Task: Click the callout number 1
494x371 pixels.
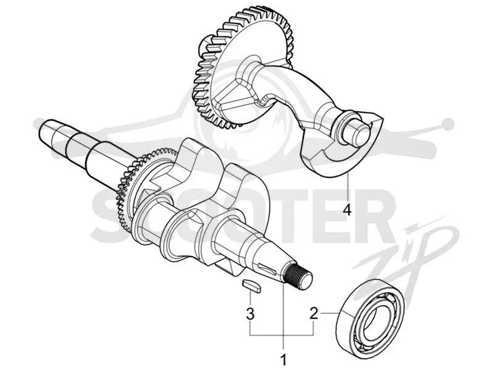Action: click(284, 360)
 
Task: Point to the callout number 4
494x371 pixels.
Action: click(347, 210)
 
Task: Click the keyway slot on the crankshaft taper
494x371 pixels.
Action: click(266, 268)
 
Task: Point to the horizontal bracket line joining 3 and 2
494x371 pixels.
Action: click(282, 335)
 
